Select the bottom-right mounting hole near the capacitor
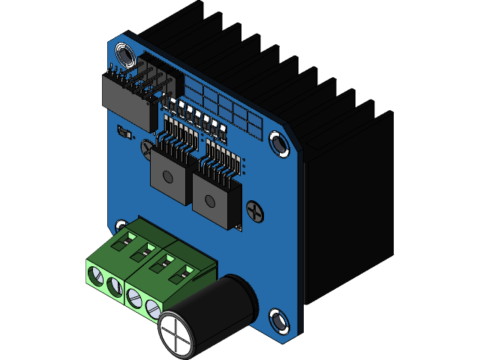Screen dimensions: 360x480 [279, 320]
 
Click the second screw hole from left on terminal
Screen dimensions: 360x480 [114, 286]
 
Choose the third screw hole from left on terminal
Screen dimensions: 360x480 [135, 297]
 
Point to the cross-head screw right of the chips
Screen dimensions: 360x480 [256, 212]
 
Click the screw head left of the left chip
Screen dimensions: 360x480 [146, 148]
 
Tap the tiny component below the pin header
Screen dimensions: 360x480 [124, 133]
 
